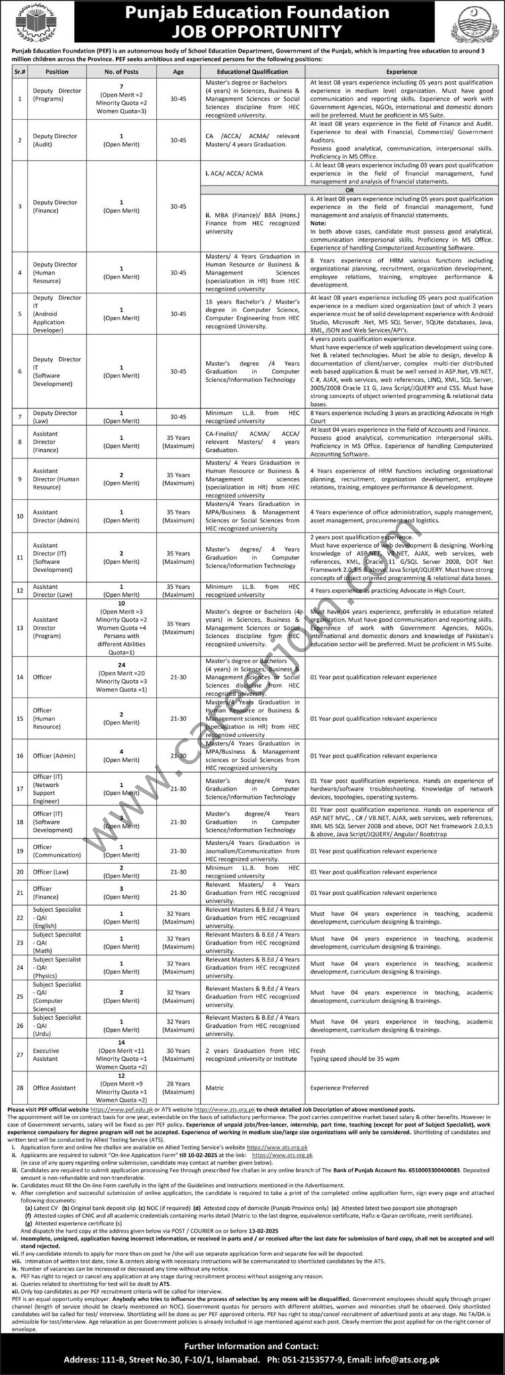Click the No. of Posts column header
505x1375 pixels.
point(121,70)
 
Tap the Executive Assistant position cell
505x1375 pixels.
point(46,1053)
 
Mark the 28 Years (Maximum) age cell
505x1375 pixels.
point(178,1087)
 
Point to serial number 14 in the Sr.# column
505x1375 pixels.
point(19,677)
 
